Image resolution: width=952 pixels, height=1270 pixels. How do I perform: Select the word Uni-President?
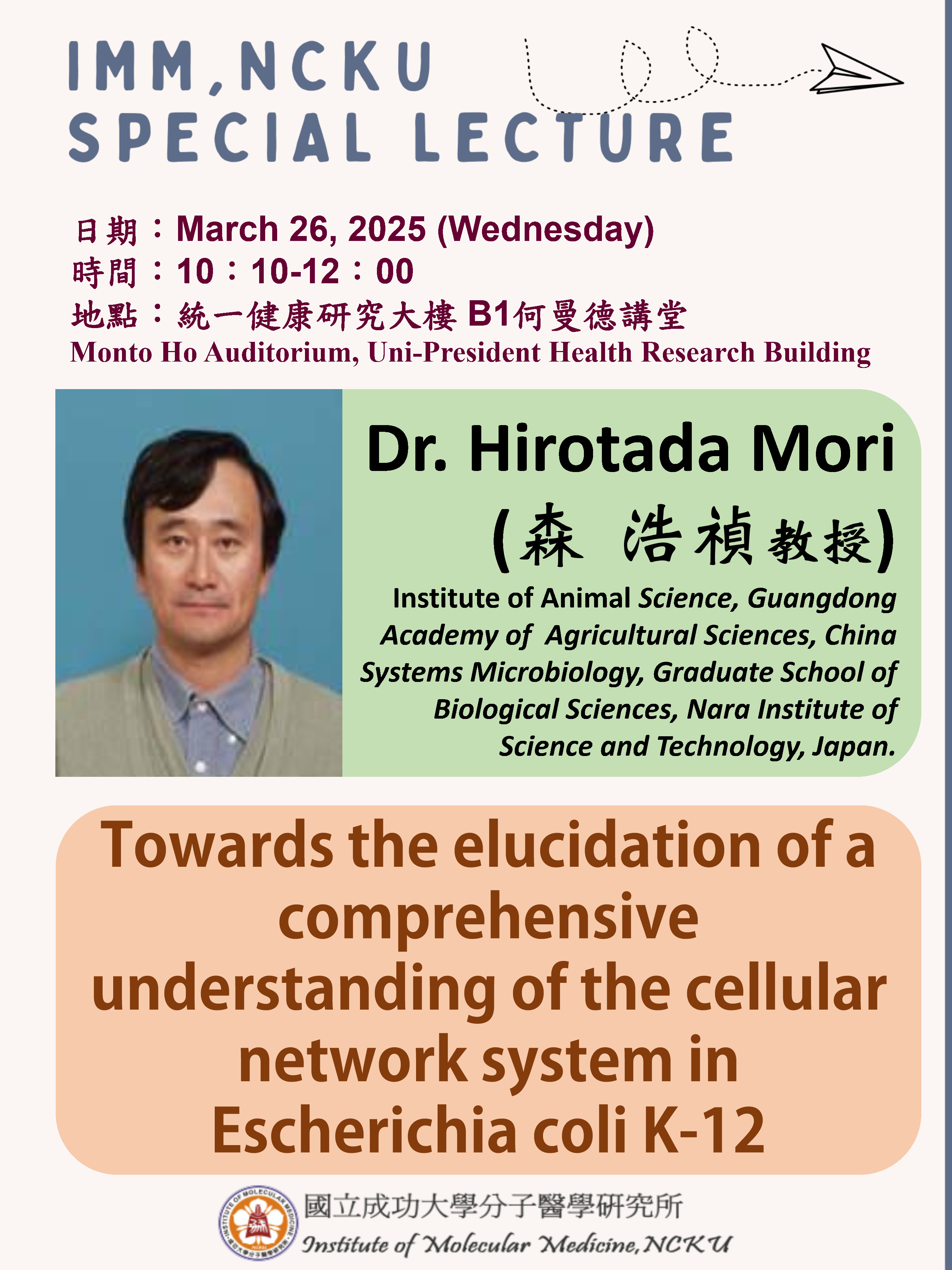[454, 352]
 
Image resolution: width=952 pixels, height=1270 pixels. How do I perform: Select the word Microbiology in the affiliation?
[557, 673]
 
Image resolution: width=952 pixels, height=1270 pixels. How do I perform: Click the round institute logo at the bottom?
[258, 1223]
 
